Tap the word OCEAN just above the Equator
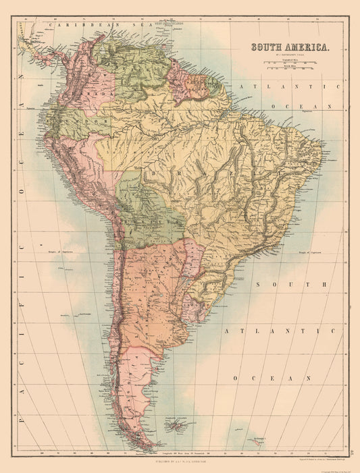coord(299,107)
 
